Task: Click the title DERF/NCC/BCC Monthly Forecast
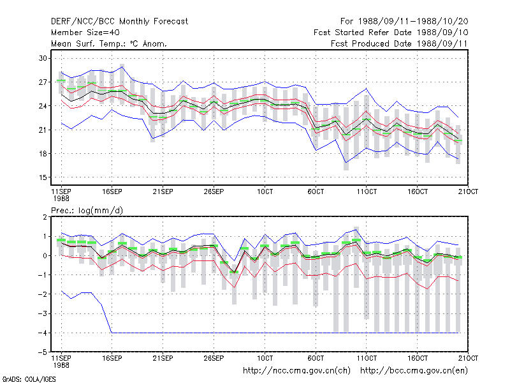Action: (119, 22)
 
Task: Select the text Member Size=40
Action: (85, 33)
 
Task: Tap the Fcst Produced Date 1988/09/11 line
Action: (399, 43)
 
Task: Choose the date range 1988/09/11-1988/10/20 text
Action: (413, 22)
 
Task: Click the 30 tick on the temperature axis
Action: (43, 58)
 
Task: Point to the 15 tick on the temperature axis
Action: (43, 177)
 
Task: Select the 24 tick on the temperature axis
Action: (43, 106)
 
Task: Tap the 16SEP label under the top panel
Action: (112, 191)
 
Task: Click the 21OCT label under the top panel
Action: (468, 191)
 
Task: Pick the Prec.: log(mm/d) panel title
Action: (87, 211)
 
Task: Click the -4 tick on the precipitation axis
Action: (42, 333)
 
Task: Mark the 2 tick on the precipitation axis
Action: (45, 217)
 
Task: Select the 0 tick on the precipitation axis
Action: (45, 256)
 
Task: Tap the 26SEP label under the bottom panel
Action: (214, 358)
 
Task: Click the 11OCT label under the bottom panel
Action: (367, 358)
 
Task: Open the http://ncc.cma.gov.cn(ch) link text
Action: (296, 371)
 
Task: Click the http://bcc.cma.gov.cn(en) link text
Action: (414, 371)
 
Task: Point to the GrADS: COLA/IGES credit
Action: (29, 379)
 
